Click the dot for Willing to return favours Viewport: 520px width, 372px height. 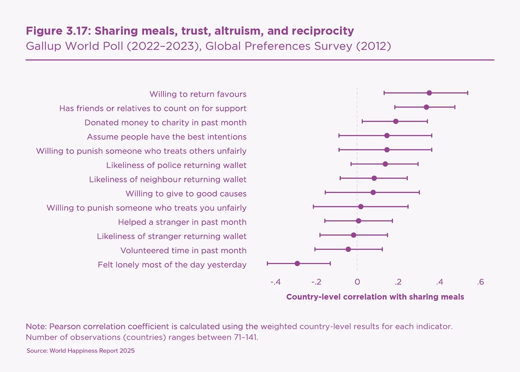point(429,93)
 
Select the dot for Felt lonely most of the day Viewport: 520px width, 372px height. point(297,264)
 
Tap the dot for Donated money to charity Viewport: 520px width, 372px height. point(396,121)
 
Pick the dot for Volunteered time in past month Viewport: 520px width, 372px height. point(348,249)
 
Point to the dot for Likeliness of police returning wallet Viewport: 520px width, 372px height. point(385,164)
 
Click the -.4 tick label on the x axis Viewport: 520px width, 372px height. point(275,282)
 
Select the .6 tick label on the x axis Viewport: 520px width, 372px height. point(480,282)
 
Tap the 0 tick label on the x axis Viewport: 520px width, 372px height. point(357,282)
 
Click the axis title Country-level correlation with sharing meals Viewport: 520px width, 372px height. point(375,297)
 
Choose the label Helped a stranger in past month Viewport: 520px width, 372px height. point(182,222)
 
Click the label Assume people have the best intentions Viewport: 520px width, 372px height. point(166,137)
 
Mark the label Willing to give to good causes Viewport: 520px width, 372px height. point(186,194)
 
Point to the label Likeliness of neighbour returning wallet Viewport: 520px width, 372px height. point(168,179)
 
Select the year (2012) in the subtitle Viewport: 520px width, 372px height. point(373,46)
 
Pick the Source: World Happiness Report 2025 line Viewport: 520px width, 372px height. point(81,351)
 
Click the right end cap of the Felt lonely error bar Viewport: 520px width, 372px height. point(330,264)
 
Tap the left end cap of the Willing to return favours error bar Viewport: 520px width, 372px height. point(384,93)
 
